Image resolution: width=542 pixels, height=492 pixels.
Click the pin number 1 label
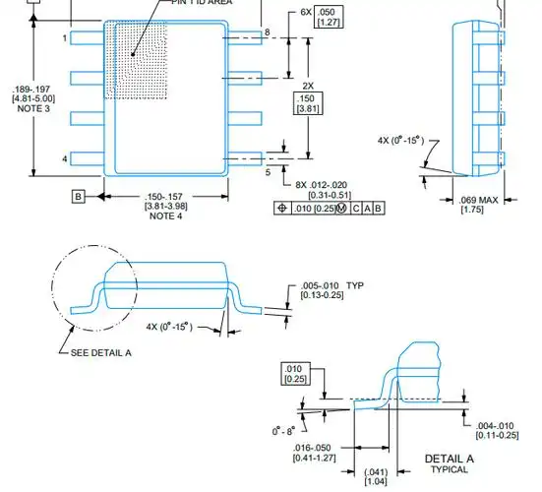[65, 38]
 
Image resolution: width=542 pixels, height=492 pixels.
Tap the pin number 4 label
[65, 158]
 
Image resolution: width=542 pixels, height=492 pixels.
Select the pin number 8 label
[267, 33]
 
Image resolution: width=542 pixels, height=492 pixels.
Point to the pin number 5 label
[267, 172]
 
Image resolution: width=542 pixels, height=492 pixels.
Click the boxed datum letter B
[77, 196]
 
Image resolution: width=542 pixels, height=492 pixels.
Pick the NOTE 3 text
[24, 109]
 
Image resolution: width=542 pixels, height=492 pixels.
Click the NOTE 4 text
[165, 216]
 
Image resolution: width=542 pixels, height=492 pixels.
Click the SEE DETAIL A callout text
[101, 352]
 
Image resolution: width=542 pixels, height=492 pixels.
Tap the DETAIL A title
[450, 460]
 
